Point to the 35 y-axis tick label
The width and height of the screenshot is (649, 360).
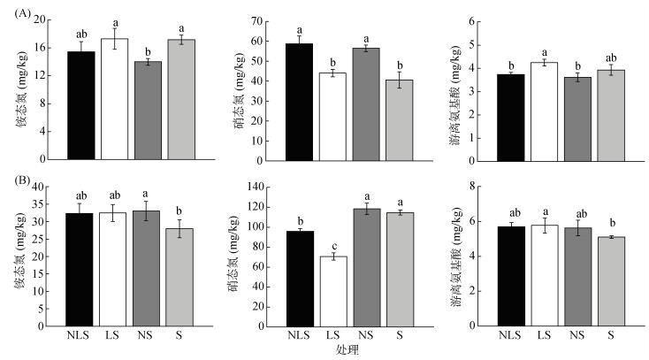point(38,204)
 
